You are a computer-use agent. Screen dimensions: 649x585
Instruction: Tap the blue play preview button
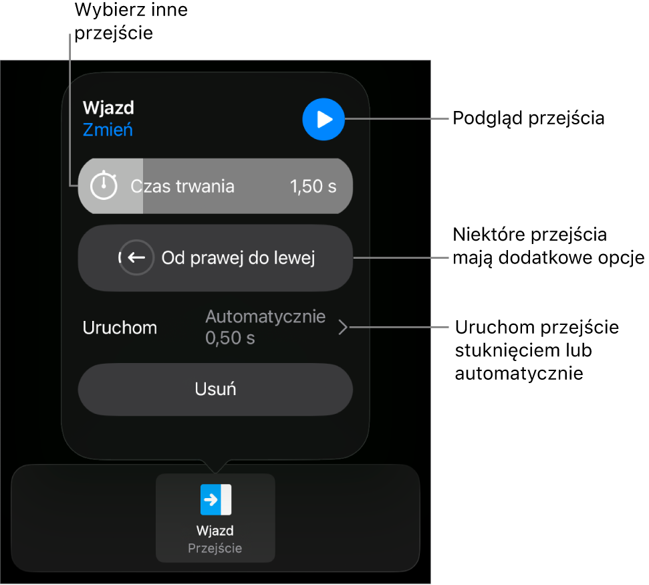tap(323, 119)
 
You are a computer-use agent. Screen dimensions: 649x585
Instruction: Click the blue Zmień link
tap(108, 130)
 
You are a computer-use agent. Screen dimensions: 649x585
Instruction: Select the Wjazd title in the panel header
tap(108, 108)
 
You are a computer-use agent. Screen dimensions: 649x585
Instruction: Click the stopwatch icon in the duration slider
tap(104, 185)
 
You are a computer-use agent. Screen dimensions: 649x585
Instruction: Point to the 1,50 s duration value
tap(313, 187)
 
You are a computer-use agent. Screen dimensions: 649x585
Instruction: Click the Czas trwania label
tap(182, 187)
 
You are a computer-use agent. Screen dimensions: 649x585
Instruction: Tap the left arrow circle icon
tap(136, 257)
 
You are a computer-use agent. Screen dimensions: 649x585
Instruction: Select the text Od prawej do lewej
tap(238, 258)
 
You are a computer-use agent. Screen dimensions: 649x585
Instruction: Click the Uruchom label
tap(120, 328)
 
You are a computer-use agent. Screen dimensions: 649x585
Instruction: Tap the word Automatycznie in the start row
tap(265, 316)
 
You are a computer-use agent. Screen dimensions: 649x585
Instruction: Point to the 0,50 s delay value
tap(230, 338)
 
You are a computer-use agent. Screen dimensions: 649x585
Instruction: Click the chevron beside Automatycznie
tap(343, 327)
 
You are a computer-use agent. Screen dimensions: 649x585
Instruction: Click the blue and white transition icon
tap(216, 499)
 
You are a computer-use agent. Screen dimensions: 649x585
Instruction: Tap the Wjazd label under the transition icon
tap(215, 530)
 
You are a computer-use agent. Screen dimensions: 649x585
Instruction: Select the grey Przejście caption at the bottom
tap(215, 548)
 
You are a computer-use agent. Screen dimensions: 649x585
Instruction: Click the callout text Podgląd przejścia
tap(529, 118)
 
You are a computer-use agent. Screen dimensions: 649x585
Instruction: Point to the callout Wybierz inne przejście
tap(131, 21)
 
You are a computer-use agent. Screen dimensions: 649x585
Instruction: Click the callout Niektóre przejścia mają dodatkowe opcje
tap(549, 246)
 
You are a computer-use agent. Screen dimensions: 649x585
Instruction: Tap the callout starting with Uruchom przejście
tap(537, 350)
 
